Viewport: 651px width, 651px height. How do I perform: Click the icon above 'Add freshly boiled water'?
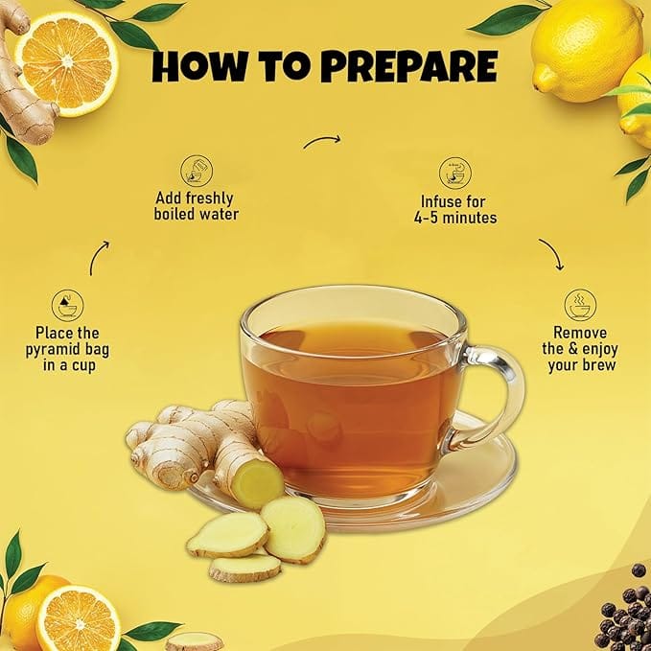(196, 171)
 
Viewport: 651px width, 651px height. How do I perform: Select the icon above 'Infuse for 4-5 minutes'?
(455, 173)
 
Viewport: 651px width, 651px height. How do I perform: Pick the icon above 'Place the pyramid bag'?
(67, 306)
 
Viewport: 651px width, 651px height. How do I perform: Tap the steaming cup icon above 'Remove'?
(580, 305)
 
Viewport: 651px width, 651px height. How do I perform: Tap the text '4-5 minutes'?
(455, 218)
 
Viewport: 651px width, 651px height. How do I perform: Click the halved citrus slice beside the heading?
(67, 63)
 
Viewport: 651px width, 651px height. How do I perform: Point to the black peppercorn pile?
(625, 610)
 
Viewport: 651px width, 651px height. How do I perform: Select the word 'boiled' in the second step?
(174, 214)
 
